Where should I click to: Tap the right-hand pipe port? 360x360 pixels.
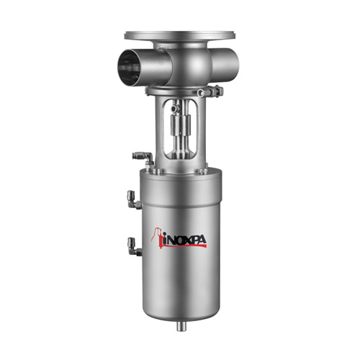[x=225, y=63]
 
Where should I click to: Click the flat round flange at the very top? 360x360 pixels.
[x=180, y=36]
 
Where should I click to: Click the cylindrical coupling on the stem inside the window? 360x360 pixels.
[x=180, y=125]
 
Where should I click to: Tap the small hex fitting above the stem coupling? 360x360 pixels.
[x=176, y=108]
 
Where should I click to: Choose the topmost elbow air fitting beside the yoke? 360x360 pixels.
[x=143, y=158]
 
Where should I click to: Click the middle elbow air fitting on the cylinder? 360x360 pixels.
[x=135, y=199]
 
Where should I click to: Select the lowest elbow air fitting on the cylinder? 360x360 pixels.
[x=135, y=246]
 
